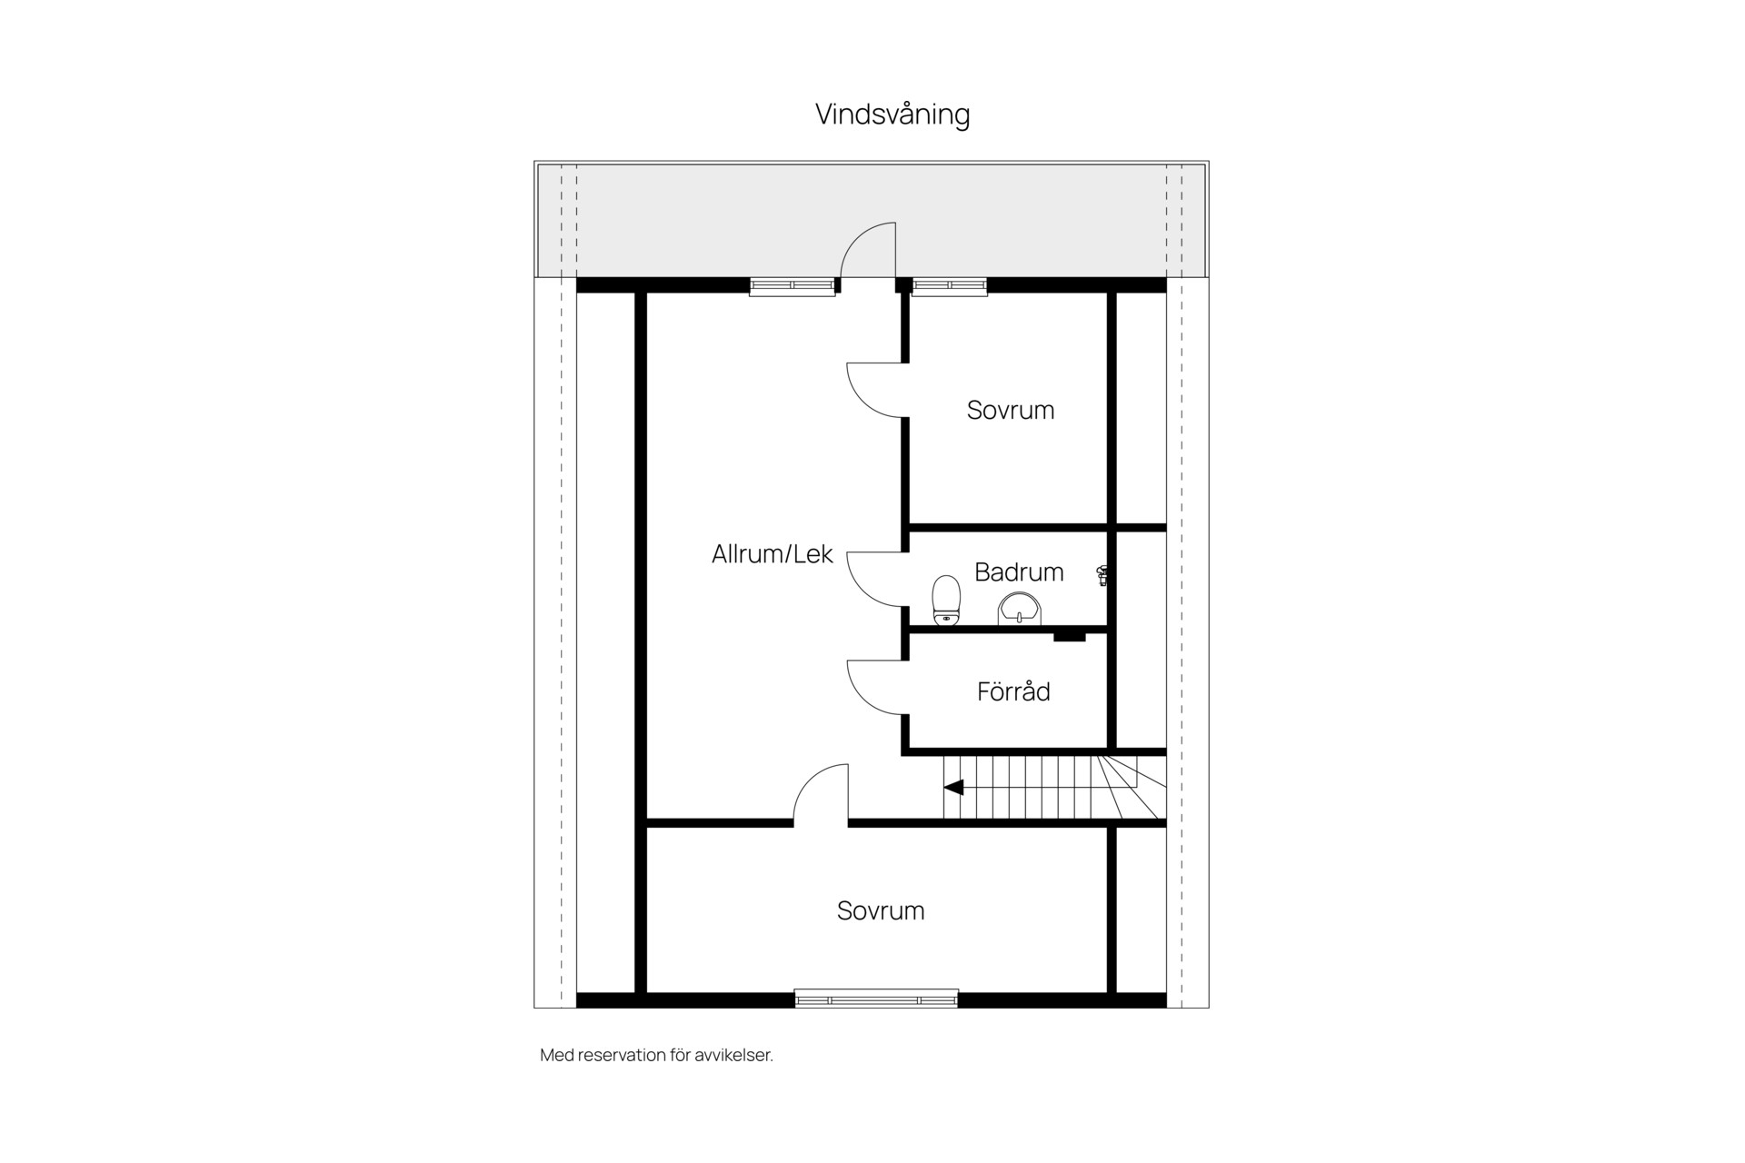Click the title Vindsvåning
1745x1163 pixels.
(x=892, y=114)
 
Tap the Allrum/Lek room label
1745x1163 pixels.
(x=772, y=554)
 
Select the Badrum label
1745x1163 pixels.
(x=1019, y=572)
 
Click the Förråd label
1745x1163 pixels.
(x=1013, y=691)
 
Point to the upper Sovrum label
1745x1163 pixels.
(x=1011, y=410)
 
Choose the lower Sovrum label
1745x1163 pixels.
(x=881, y=910)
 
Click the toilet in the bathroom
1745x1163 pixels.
(x=946, y=601)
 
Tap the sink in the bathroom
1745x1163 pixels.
(x=1019, y=609)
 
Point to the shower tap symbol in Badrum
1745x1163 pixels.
(x=1102, y=574)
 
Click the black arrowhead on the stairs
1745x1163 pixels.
(x=953, y=788)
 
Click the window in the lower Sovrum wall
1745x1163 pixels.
(x=876, y=999)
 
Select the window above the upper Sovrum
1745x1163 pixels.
(x=950, y=286)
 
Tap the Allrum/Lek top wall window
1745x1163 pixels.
(x=793, y=286)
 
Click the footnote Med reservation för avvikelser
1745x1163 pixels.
(x=656, y=1056)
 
